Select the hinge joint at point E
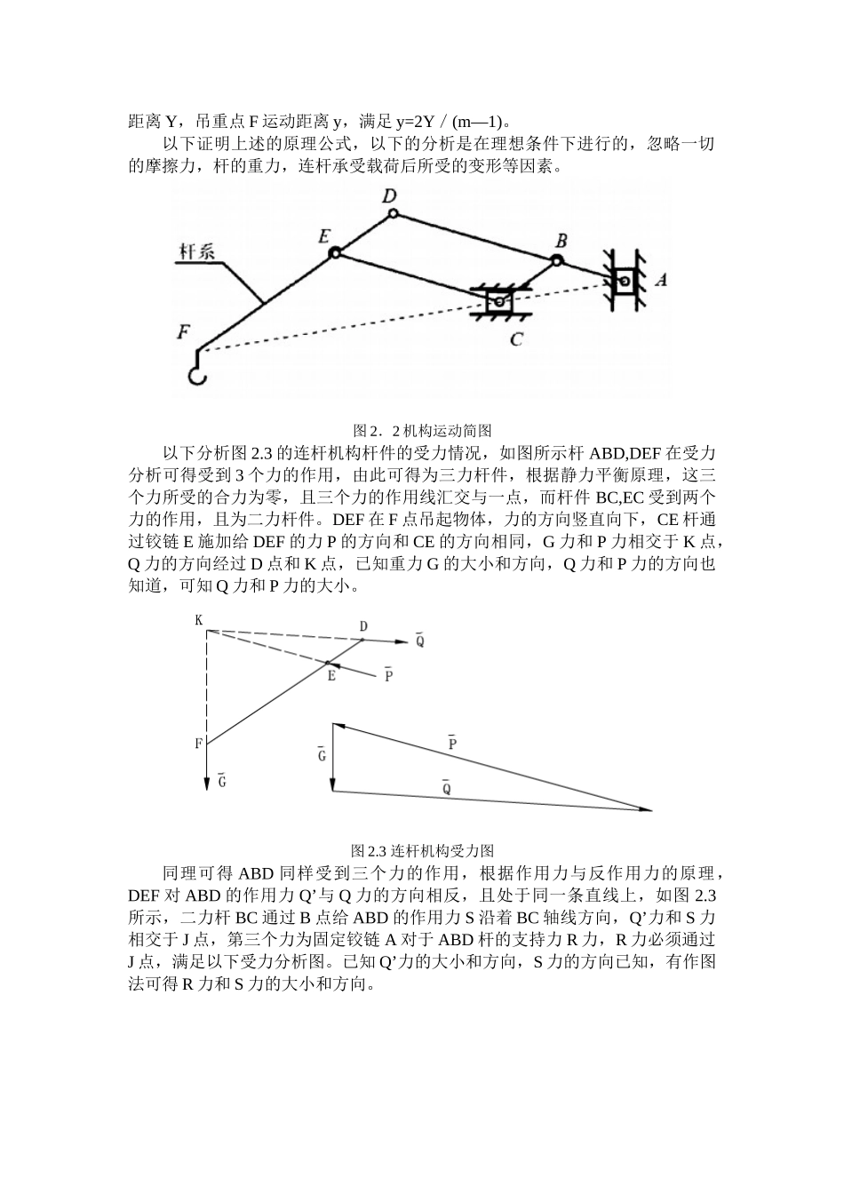335,253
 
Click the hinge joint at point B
556,260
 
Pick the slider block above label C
499,302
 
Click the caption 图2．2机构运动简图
421,429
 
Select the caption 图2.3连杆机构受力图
421,850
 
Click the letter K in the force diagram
199,619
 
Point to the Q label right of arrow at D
419,639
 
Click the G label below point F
221,781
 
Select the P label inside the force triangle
452,742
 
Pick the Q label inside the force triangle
446,787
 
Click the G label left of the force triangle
322,754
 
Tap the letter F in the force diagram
198,743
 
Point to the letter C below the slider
516,338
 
